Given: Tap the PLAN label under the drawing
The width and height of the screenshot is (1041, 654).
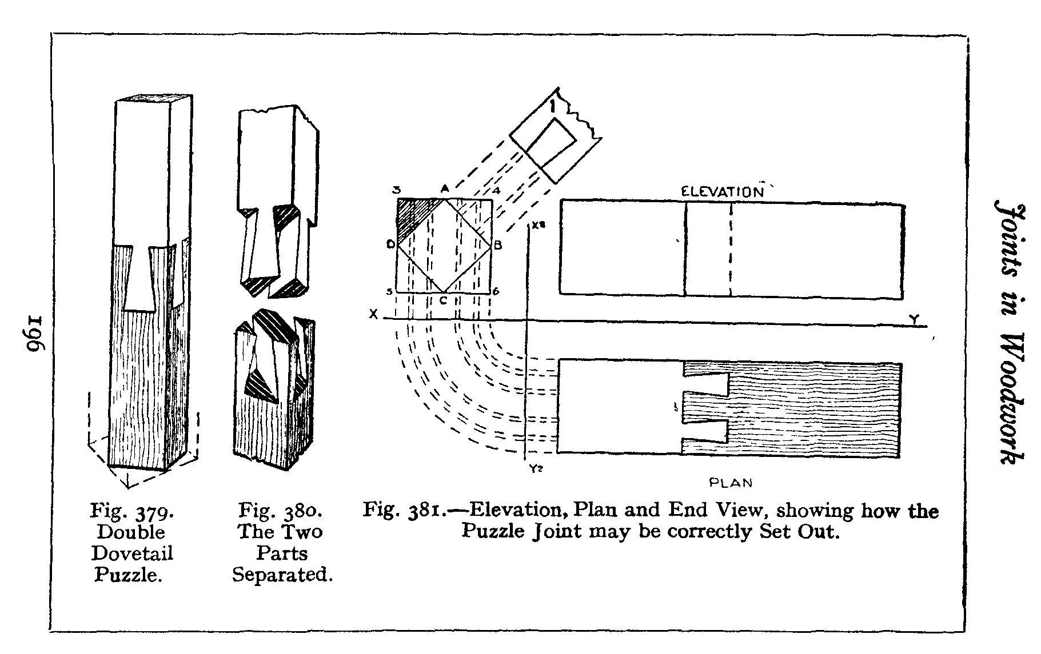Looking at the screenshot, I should coord(731,483).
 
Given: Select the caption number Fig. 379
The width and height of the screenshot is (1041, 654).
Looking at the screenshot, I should coord(132,511).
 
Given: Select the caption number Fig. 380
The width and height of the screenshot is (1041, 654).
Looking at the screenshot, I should coord(281,510).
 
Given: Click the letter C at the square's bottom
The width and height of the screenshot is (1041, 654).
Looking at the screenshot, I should coord(442,298).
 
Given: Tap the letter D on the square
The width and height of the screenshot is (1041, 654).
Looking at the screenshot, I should coord(390,246).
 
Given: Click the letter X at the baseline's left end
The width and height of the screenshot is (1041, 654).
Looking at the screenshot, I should coord(373,314).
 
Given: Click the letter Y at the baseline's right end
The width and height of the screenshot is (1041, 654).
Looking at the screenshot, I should coord(915,320).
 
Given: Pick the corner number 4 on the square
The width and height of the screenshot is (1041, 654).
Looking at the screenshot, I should coord(496,191).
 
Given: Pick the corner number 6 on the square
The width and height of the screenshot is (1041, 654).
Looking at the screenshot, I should coord(496,291).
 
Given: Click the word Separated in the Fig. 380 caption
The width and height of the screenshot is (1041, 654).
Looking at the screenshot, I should coord(282,574).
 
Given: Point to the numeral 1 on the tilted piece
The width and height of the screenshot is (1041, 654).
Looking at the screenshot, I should coord(552,107).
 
